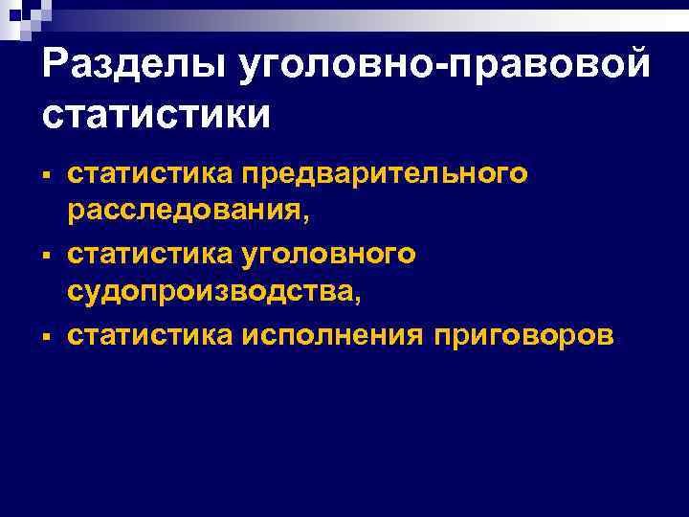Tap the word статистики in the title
click(x=157, y=114)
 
